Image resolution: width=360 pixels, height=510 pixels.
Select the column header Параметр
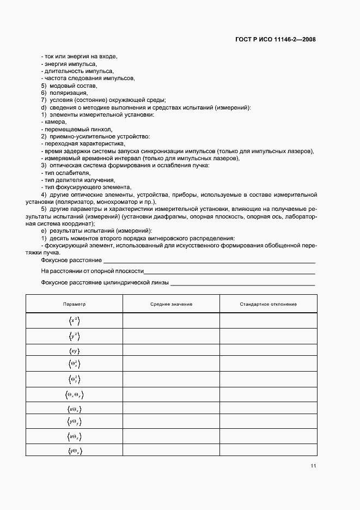coord(74,304)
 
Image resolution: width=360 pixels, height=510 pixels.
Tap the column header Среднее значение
coord(171,304)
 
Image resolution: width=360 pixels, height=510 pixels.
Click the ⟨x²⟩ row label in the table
coord(74,321)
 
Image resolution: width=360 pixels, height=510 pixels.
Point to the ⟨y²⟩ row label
coord(74,337)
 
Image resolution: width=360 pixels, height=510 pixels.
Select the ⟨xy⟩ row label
coord(74,351)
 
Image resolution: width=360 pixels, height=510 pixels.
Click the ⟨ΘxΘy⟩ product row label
coord(74,394)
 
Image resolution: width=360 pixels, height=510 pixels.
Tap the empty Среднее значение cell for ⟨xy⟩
coord(171,351)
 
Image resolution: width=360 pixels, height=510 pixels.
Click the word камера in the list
coord(55,122)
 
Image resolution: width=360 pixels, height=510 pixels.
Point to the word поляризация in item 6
coord(69,93)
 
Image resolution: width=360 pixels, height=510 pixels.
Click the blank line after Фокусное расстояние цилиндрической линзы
coord(243,283)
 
